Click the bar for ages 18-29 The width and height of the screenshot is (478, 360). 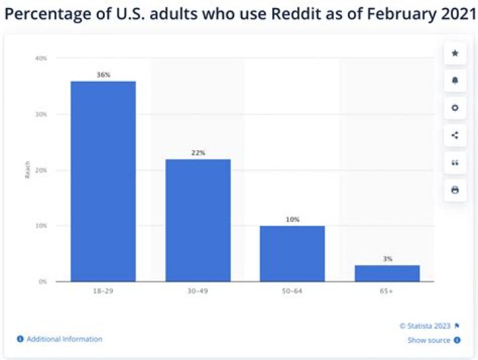pyautogui.click(x=103, y=181)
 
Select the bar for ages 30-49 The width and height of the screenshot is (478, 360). pyautogui.click(x=198, y=220)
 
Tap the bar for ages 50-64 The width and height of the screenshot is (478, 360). pyautogui.click(x=292, y=253)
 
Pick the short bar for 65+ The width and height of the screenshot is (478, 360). pyautogui.click(x=387, y=273)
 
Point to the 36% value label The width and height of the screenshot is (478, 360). pyautogui.click(x=103, y=75)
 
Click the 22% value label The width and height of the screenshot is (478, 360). pyautogui.click(x=198, y=153)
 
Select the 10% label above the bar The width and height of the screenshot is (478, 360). pyautogui.click(x=292, y=219)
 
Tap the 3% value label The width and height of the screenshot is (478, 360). pyautogui.click(x=387, y=258)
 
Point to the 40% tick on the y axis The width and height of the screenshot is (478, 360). pyautogui.click(x=41, y=58)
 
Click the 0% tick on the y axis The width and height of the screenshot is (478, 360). pyautogui.click(x=43, y=282)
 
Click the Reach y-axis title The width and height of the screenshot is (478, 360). pyautogui.click(x=29, y=171)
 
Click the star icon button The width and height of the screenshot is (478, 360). pyautogui.click(x=455, y=53)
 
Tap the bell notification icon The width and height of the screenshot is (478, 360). pyautogui.click(x=455, y=80)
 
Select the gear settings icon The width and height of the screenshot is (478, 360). pyautogui.click(x=455, y=108)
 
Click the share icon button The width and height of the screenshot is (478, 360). pyautogui.click(x=455, y=135)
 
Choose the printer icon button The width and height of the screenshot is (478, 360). pyautogui.click(x=455, y=190)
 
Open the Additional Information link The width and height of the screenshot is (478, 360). pyautogui.click(x=64, y=339)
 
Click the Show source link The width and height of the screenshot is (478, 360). pyautogui.click(x=429, y=340)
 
